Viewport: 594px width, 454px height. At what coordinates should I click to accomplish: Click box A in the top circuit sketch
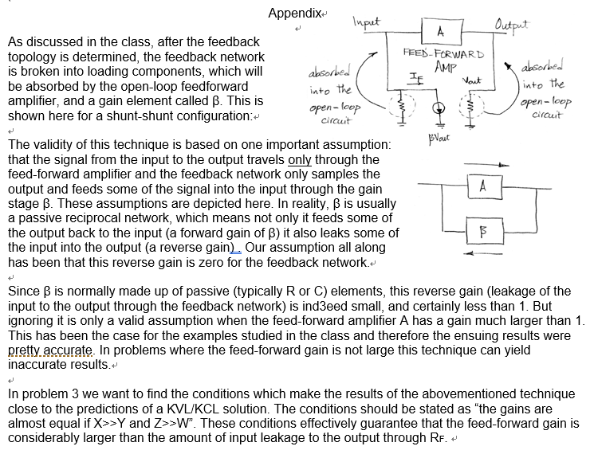click(x=441, y=31)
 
